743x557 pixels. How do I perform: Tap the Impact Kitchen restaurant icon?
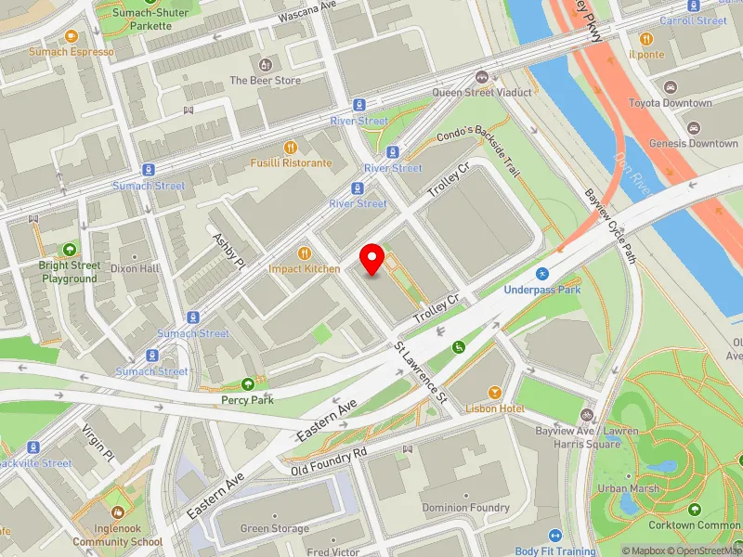pyautogui.click(x=304, y=253)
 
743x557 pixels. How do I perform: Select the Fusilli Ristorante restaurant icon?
pyautogui.click(x=291, y=147)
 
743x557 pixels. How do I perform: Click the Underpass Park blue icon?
pyautogui.click(x=541, y=274)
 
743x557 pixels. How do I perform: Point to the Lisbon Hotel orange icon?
pyautogui.click(x=495, y=393)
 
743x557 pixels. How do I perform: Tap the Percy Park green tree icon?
pyautogui.click(x=248, y=384)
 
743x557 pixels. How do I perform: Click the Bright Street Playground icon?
pyautogui.click(x=70, y=250)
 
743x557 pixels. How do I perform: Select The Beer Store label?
pyautogui.click(x=266, y=81)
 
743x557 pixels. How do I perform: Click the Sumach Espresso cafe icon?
pyautogui.click(x=72, y=36)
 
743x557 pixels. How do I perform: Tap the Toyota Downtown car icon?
pyautogui.click(x=670, y=87)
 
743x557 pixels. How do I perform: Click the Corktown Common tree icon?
pyautogui.click(x=695, y=509)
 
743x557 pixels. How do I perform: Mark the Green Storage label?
pyautogui.click(x=275, y=529)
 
